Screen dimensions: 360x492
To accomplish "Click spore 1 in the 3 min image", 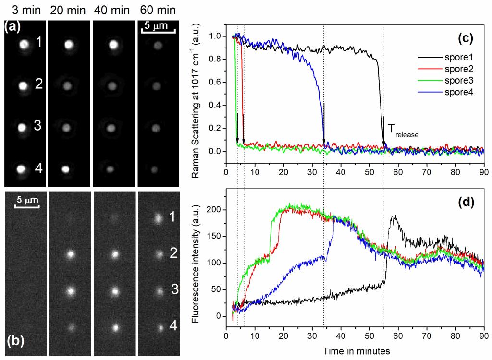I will (x=24, y=45).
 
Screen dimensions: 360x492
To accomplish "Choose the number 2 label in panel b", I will (x=172, y=253).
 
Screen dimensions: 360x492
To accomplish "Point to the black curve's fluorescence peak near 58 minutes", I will (x=394, y=216).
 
